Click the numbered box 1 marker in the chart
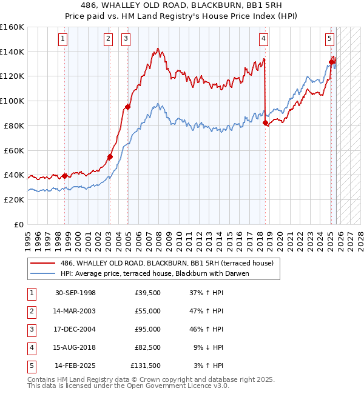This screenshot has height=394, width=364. point(64,39)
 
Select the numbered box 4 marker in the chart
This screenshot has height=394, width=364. point(264,39)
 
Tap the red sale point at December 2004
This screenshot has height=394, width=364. point(127,107)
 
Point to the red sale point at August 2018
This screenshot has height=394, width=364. point(266,122)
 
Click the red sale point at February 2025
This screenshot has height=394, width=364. point(332,62)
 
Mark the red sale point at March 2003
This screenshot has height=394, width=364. point(110,156)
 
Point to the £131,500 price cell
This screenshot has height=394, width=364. point(145,366)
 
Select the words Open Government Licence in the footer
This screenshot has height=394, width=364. point(167,386)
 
